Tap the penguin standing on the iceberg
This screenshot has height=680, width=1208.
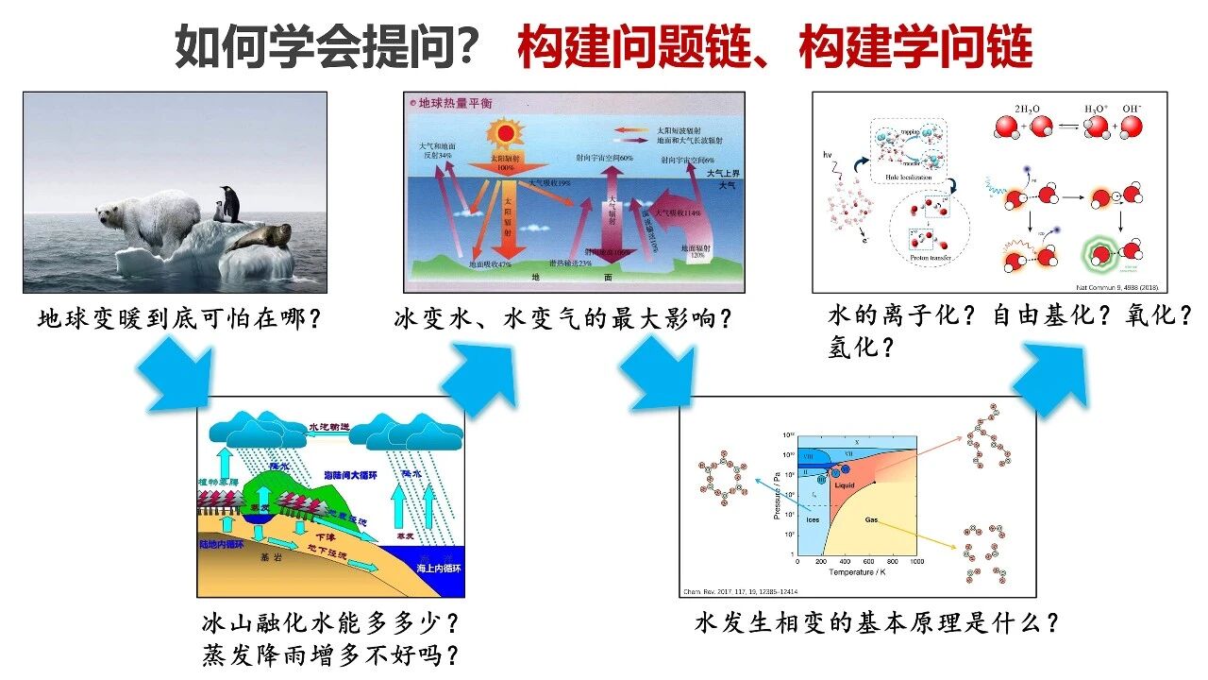(227, 203)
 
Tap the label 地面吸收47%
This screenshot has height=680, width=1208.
(491, 265)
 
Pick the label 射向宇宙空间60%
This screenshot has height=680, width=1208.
(604, 159)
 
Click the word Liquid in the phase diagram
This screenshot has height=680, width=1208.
(844, 485)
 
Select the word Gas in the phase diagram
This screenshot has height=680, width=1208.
(872, 519)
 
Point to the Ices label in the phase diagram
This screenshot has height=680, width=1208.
(813, 519)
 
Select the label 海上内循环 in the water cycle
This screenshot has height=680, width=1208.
(439, 569)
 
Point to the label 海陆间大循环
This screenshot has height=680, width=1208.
(349, 475)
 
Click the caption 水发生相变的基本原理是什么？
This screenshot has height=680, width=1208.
(877, 623)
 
